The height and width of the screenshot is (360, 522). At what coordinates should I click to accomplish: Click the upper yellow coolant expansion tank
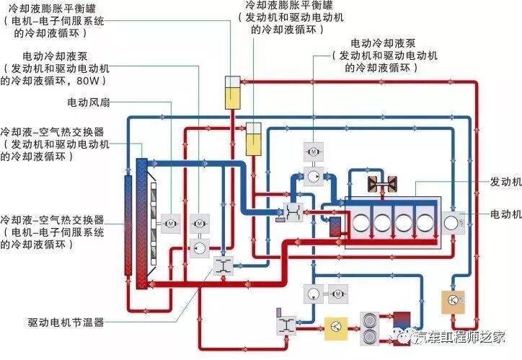[x=232, y=92]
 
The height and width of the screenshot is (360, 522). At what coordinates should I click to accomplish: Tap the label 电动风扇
[x=89, y=102]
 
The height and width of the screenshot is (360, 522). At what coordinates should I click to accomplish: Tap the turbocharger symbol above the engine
[x=378, y=184]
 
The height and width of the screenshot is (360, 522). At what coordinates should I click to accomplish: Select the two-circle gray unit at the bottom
[x=369, y=327]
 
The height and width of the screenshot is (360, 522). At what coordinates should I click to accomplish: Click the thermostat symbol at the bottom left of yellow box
[x=283, y=324]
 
